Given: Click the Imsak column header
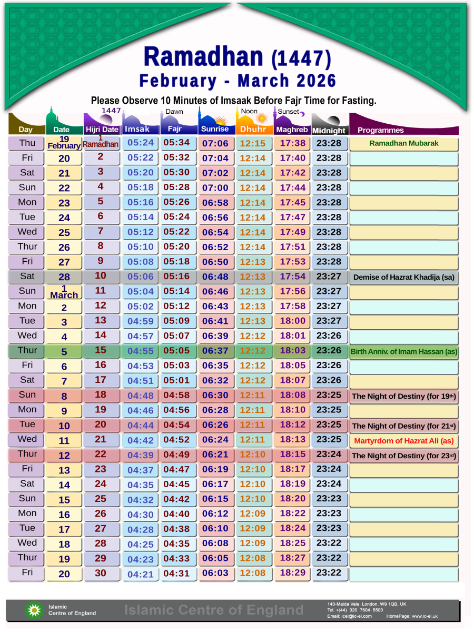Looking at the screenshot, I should click(137, 129).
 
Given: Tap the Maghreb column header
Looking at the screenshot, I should click(291, 130).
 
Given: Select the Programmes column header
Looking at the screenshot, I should click(380, 130).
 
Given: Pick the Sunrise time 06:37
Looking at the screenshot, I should click(215, 351).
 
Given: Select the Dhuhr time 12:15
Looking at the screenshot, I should click(253, 143).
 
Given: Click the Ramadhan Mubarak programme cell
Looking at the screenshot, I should click(403, 143).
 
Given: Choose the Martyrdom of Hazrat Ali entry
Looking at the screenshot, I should click(403, 441).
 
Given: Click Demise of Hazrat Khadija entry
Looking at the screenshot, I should click(403, 277).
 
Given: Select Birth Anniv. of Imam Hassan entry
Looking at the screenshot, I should click(403, 351).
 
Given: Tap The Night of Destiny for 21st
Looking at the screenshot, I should click(403, 426).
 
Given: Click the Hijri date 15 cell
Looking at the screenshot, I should click(101, 350).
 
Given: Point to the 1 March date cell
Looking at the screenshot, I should click(64, 292).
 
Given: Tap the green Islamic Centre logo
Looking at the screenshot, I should click(34, 610).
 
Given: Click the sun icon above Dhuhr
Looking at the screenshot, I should click(261, 118).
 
